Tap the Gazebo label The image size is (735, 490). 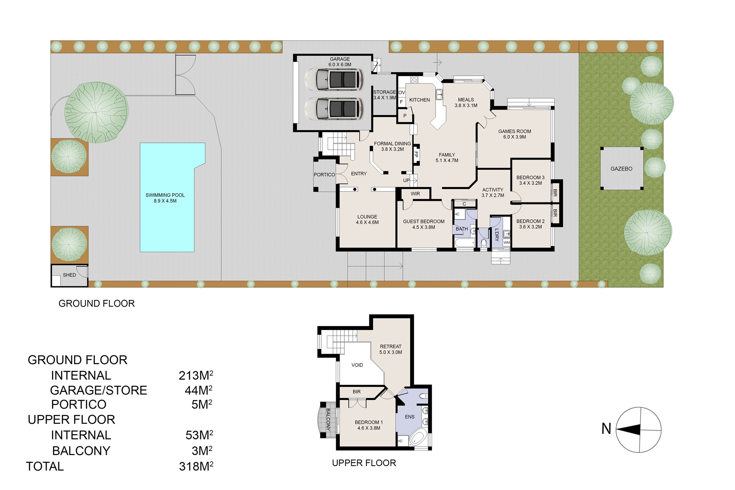[x=621, y=169]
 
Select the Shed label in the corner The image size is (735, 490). [x=69, y=275]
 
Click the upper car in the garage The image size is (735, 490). [x=334, y=79]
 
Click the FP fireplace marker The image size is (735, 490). [x=416, y=154]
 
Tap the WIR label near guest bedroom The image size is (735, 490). [x=415, y=194]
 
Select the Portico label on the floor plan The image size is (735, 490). [x=324, y=175]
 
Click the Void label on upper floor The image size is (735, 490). [x=357, y=365]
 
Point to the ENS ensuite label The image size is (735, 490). [x=410, y=417]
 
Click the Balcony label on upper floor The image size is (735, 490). [x=328, y=419]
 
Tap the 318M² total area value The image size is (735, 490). [x=196, y=466]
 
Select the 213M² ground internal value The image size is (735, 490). [x=196, y=375]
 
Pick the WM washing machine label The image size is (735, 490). [x=507, y=243]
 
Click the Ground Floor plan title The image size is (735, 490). [x=97, y=304]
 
